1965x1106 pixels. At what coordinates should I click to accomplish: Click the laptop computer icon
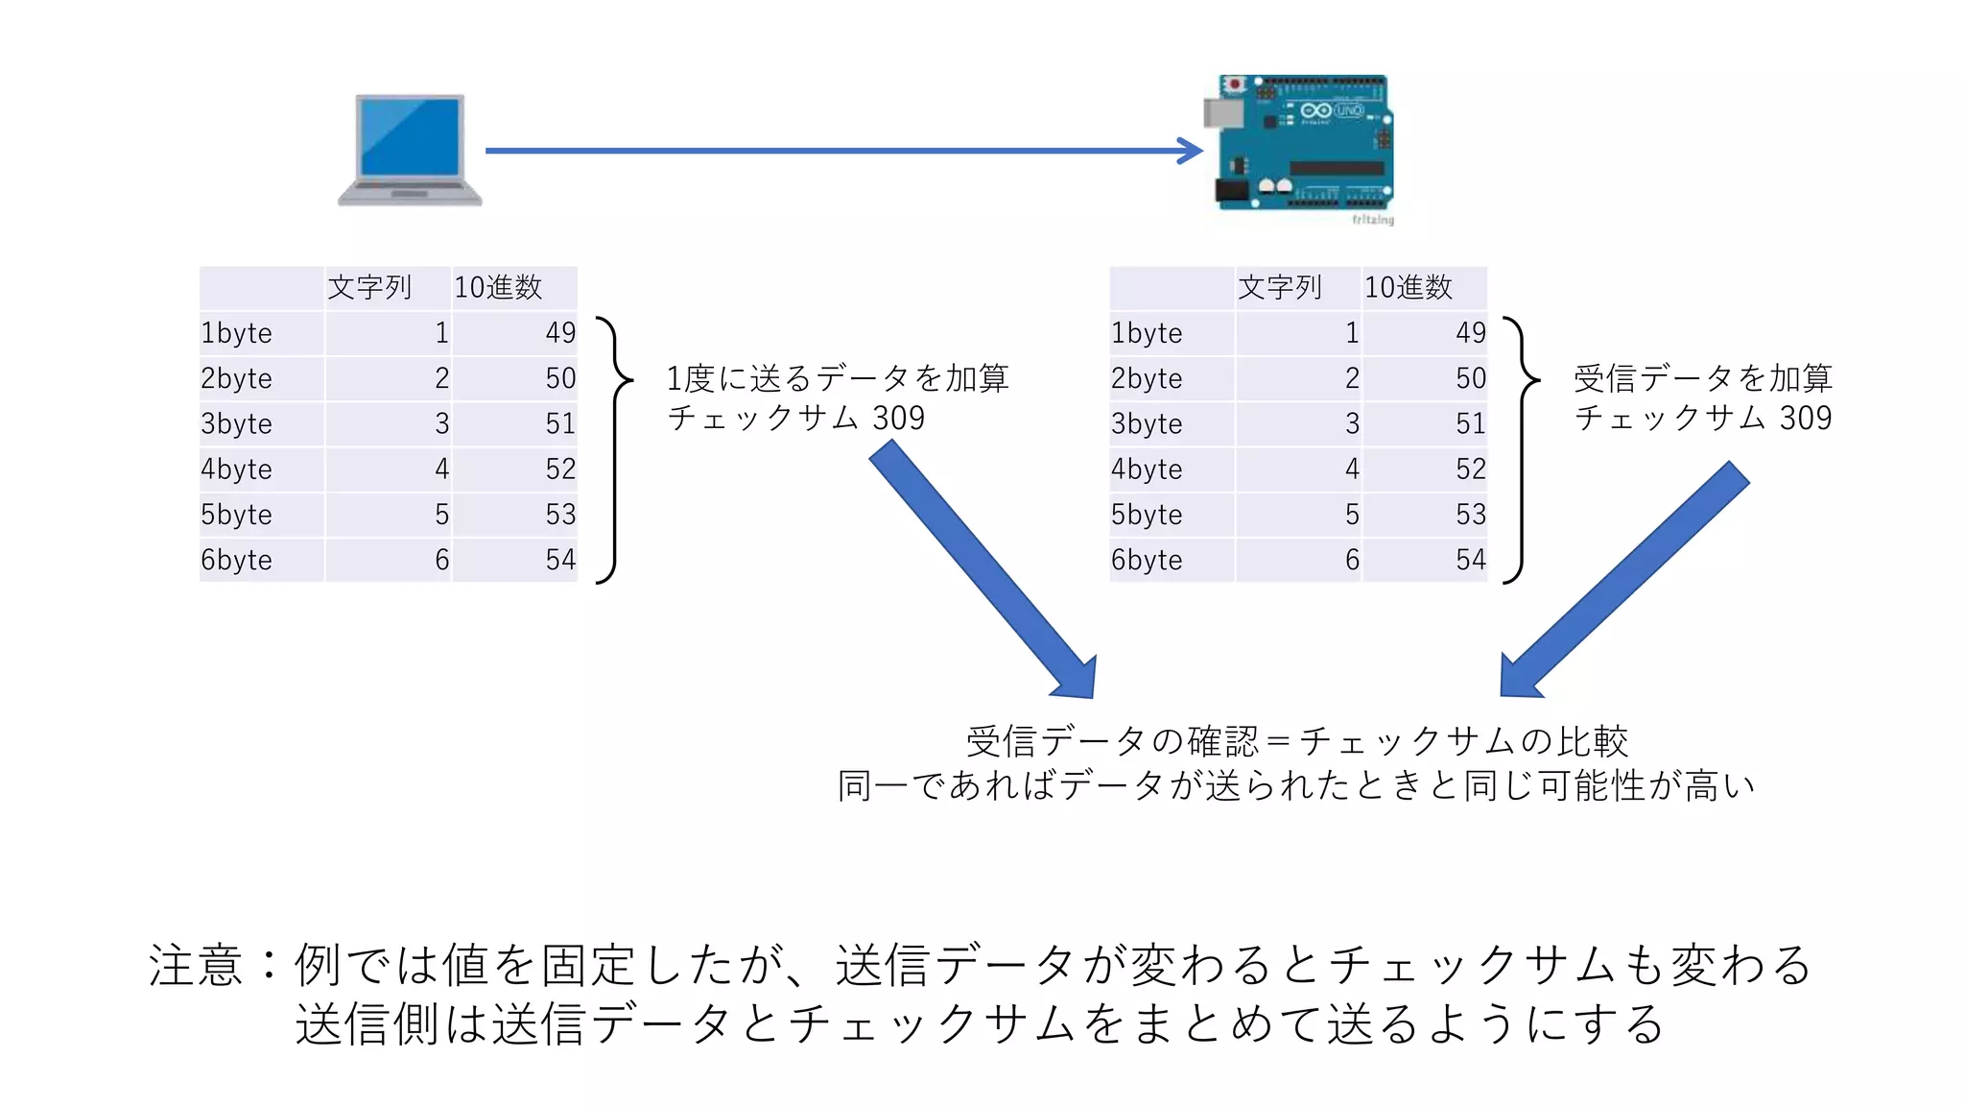pyautogui.click(x=410, y=150)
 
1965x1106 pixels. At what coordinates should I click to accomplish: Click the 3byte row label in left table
pyautogui.click(x=237, y=423)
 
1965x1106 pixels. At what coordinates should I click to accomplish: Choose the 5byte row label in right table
pyautogui.click(x=1147, y=515)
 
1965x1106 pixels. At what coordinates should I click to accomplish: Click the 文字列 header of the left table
pyautogui.click(x=369, y=287)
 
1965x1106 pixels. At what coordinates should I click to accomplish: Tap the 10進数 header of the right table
pyautogui.click(x=1409, y=287)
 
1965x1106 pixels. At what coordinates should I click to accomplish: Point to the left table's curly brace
pyautogui.click(x=614, y=449)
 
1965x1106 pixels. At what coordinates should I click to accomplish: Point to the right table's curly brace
pyautogui.click(x=1522, y=449)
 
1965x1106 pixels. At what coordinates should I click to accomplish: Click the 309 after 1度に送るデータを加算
pyautogui.click(x=898, y=419)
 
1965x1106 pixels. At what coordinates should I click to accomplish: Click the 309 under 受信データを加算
pyautogui.click(x=1806, y=419)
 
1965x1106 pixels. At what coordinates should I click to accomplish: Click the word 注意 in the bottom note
pyautogui.click(x=196, y=965)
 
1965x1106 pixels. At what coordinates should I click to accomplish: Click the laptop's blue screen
pyautogui.click(x=410, y=136)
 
